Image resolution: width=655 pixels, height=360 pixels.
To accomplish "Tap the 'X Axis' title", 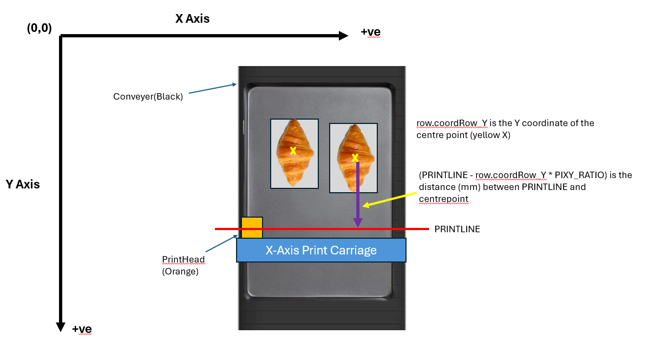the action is pos(192,19).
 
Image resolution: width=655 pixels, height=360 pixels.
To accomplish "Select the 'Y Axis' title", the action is pos(23,184).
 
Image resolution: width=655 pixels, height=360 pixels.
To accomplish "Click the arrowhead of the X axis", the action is pos(344,36).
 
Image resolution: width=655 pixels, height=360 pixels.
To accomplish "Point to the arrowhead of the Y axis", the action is pos(61,327).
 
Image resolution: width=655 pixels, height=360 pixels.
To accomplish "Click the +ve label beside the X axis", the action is pos(370,32).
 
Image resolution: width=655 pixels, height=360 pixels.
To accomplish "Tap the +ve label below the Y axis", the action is pos(82,329).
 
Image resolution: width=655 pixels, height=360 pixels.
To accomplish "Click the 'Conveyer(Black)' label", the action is pos(148,96).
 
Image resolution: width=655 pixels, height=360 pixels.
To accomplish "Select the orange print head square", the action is pos(252,227).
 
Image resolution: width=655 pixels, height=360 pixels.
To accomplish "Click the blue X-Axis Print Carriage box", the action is pos(321,250).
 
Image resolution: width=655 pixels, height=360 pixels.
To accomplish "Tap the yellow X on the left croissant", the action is pos(293,151).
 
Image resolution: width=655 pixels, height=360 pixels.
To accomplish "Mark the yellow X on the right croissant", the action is pos(355,158).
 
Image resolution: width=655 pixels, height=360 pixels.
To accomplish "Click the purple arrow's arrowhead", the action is pos(358,222).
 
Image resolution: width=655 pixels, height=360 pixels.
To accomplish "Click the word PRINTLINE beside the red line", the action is pos(457,230).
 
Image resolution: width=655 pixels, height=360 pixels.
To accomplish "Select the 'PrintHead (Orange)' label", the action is pos(184,266).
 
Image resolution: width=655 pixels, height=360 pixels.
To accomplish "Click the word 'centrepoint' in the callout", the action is pos(443,199).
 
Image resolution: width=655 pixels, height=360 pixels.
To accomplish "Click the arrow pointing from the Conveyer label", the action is pos(213,89).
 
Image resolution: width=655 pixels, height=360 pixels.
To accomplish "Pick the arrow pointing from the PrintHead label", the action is pos(221,243).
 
